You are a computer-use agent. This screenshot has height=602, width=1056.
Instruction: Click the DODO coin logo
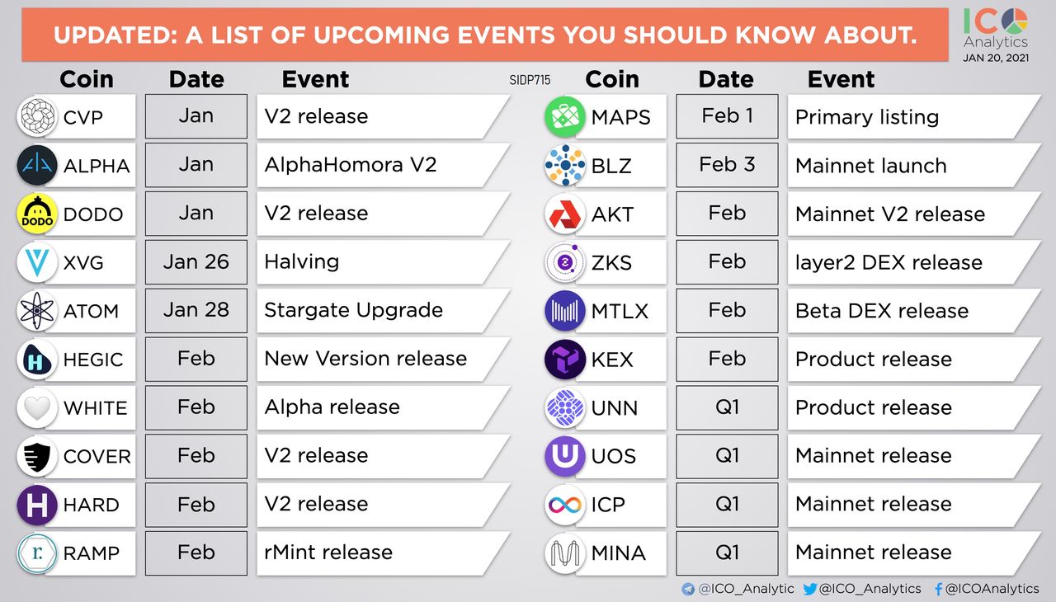37,214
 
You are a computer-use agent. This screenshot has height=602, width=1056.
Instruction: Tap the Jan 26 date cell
196,262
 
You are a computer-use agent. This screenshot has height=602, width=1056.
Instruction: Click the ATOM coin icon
37,311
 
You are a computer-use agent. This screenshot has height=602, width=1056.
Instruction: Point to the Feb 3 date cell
727,165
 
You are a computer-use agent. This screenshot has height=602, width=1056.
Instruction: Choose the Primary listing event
866,117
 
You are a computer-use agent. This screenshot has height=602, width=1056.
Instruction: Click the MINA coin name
618,553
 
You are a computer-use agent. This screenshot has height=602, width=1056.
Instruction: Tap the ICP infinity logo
565,505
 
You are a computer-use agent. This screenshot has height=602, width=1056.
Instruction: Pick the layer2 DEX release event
889,262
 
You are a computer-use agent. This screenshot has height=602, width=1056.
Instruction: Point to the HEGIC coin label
93,360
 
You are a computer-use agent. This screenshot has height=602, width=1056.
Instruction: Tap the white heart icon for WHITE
37,408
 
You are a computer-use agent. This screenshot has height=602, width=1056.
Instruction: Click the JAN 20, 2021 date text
996,58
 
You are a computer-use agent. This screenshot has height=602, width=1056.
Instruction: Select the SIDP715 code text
530,80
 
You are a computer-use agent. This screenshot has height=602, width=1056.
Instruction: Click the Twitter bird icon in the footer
810,589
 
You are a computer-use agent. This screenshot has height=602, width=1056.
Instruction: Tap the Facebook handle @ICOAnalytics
992,588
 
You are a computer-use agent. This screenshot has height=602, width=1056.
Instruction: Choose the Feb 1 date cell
727,116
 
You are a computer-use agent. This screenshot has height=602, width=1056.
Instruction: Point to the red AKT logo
565,214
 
